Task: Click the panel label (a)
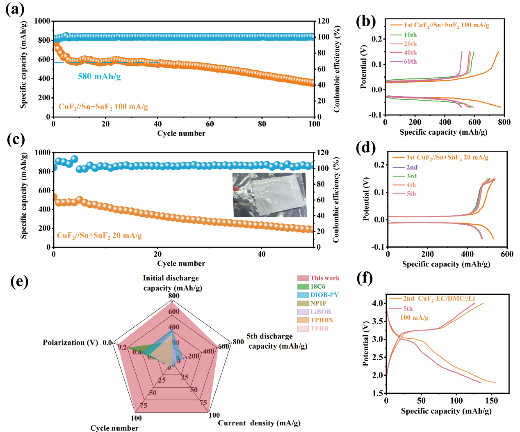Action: pos(15,9)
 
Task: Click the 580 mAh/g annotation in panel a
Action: pos(99,76)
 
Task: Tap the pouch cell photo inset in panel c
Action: pos(269,195)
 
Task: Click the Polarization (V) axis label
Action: pos(70,342)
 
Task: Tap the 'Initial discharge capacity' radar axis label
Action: pos(171,283)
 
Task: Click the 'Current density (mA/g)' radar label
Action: pos(259,423)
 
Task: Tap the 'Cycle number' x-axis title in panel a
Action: pos(181,133)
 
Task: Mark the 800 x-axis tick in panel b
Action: pos(504,122)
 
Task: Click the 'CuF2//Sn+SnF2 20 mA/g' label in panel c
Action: pos(99,236)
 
